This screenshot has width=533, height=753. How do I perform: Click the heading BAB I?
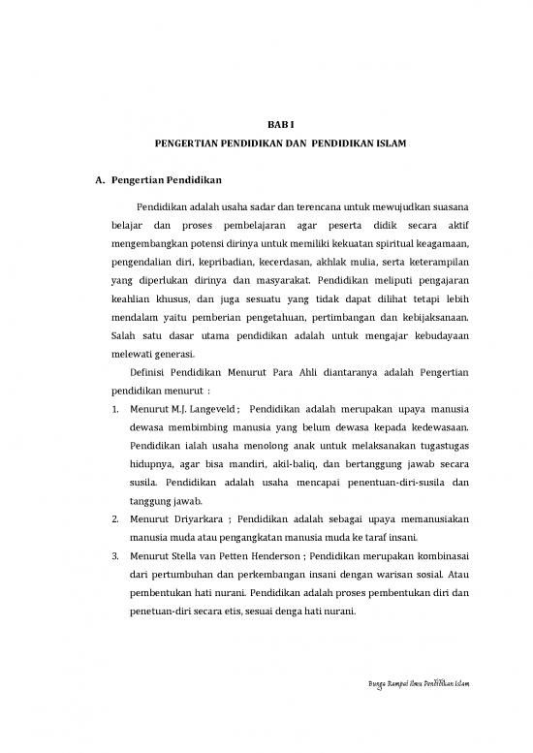(x=280, y=124)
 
